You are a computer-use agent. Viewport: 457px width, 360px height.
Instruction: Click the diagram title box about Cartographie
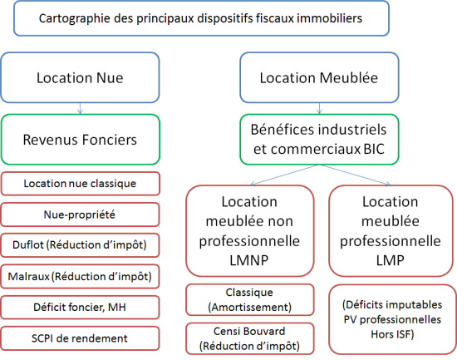click(x=201, y=18)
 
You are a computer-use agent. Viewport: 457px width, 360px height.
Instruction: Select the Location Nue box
click(x=80, y=77)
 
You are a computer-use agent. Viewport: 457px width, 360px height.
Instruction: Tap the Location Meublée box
click(x=319, y=77)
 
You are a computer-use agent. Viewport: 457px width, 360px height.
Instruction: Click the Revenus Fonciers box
click(x=80, y=140)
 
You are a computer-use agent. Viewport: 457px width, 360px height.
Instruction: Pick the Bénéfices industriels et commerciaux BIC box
click(x=319, y=140)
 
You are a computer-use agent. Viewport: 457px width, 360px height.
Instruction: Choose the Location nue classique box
click(x=80, y=184)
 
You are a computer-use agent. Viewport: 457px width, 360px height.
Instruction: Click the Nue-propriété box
click(x=80, y=215)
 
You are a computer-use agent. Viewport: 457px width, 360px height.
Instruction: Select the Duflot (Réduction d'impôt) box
click(x=80, y=245)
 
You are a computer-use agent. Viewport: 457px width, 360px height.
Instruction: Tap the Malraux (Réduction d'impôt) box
click(x=80, y=276)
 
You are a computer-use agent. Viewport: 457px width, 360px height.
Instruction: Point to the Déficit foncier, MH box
click(x=80, y=307)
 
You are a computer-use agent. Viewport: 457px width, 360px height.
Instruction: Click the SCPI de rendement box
click(x=80, y=338)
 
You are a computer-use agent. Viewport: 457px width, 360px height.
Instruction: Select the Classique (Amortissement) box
click(x=250, y=299)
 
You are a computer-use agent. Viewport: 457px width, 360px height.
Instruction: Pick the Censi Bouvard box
click(x=250, y=338)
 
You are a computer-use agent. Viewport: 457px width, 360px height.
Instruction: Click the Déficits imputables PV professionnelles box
click(x=392, y=319)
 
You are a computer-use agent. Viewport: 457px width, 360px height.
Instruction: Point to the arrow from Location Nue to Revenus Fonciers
click(x=80, y=109)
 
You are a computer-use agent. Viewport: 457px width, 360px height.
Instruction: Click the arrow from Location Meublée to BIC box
click(x=319, y=109)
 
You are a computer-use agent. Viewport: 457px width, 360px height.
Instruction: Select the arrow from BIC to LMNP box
click(x=285, y=175)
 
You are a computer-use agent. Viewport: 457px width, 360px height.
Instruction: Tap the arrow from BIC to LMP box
click(x=355, y=175)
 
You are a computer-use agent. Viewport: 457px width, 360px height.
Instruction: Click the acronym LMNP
click(x=249, y=260)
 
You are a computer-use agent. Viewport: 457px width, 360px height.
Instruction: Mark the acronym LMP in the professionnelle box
click(x=391, y=260)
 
